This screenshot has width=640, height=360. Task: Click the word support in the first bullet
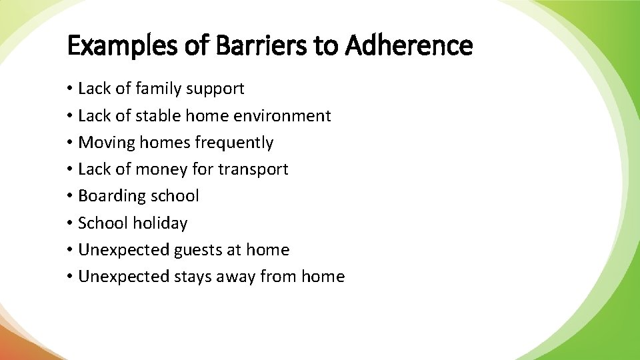coord(215,89)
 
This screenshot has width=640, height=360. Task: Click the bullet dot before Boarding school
coord(70,197)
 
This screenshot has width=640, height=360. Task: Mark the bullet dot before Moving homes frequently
coord(70,143)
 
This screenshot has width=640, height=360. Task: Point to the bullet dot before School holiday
coord(70,223)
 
